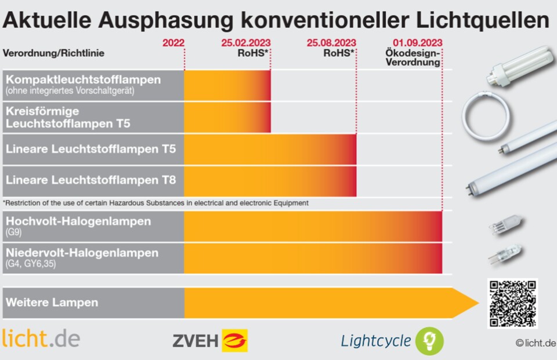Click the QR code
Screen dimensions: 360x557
point(512,303)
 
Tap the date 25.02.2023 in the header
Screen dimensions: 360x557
point(245,43)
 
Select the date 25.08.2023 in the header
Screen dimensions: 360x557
point(331,43)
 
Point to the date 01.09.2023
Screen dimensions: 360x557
point(417,43)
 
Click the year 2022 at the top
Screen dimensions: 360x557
point(173,43)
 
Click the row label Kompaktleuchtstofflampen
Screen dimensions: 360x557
point(83,79)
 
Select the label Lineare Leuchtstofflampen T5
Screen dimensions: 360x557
point(91,149)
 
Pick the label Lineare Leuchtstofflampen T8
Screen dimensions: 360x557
point(91,180)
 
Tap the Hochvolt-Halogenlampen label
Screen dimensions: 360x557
point(78,221)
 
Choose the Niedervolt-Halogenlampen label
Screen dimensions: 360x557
point(82,253)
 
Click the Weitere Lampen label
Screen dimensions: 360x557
point(52,303)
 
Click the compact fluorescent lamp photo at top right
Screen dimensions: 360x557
point(518,67)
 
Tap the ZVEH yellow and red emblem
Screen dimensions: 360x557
point(234,341)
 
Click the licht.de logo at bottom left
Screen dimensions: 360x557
point(41,339)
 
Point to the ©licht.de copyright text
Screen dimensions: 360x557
point(536,343)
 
